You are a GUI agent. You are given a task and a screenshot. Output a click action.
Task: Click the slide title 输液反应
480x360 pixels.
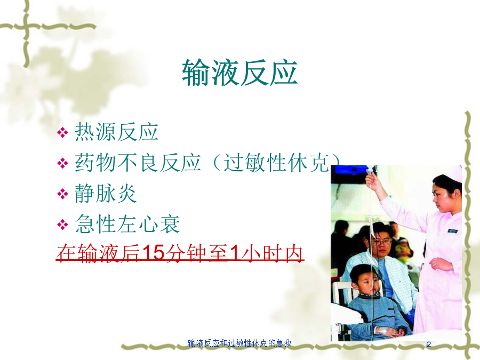pos(239,73)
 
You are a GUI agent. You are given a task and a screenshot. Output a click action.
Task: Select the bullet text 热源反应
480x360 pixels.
pos(116,132)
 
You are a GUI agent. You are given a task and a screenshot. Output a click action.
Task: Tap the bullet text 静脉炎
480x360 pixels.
pos(106,194)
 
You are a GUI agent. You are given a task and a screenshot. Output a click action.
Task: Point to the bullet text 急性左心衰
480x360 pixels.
pos(127,224)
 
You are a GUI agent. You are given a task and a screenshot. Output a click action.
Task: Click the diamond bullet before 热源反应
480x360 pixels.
pos(62,133)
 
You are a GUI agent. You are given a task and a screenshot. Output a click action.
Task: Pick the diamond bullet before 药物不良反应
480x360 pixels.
pos(62,163)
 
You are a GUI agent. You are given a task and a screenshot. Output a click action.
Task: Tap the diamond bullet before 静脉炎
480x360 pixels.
pos(62,194)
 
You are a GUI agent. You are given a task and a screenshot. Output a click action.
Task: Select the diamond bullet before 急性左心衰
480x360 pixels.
pos(62,225)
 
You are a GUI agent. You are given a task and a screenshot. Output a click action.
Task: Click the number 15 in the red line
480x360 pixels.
pos(154,253)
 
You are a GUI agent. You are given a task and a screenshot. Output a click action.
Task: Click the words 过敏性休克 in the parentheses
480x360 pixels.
pos(276,163)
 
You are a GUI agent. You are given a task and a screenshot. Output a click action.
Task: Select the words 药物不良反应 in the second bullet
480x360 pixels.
pos(138,163)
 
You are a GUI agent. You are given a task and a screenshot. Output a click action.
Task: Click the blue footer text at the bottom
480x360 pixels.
pos(239,343)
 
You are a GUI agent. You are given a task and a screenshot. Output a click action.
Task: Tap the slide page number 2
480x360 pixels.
pos(429,345)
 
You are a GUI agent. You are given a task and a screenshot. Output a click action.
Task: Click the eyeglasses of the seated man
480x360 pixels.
pos(381,242)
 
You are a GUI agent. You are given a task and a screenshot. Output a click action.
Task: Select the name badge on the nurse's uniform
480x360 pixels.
pos(452,231)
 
